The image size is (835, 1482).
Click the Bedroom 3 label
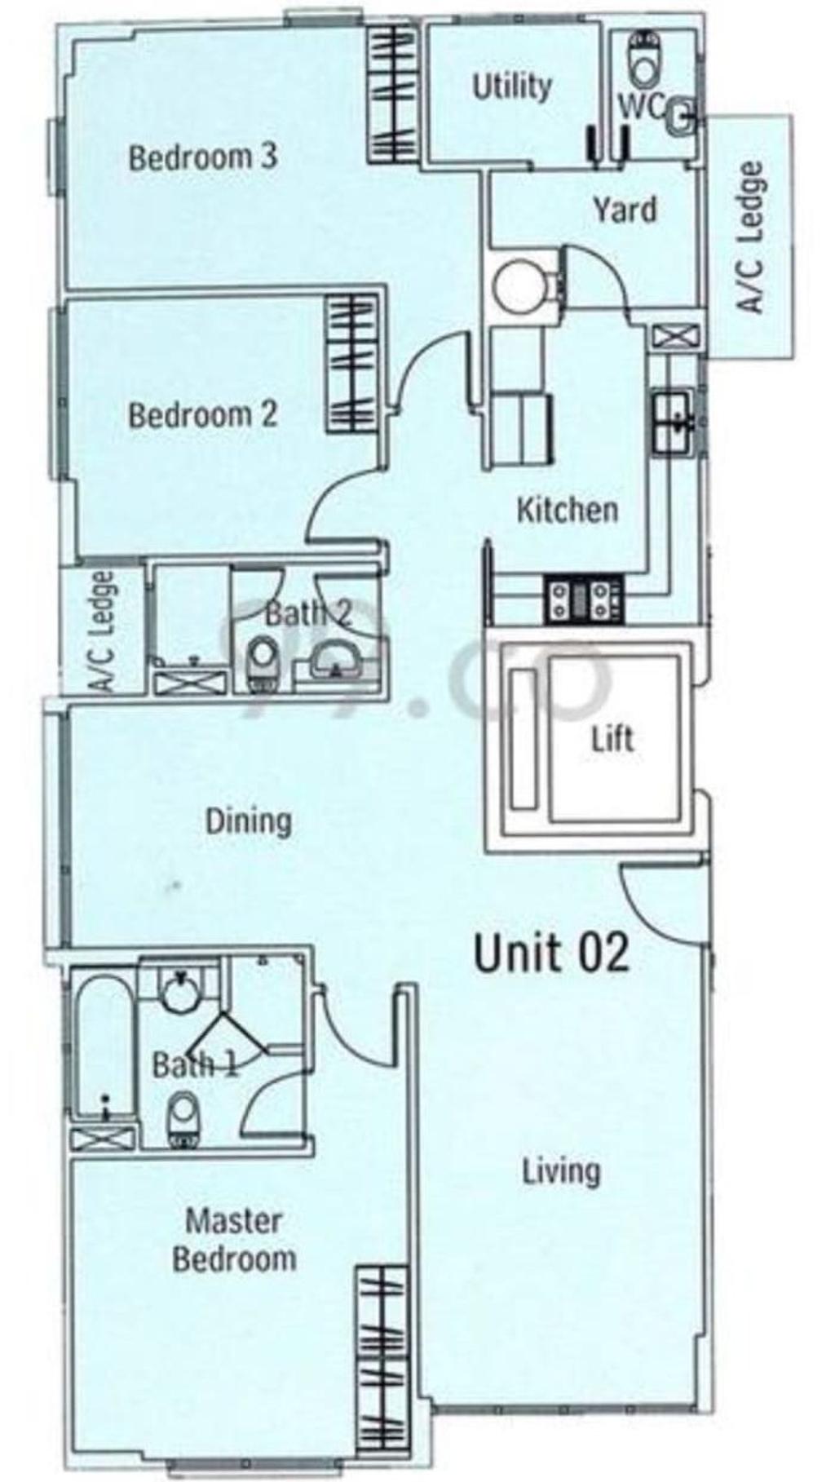[203, 157]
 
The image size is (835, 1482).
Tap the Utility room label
[511, 86]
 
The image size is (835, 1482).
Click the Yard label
[624, 210]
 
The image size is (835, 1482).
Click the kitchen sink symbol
[673, 421]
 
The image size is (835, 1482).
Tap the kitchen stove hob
[584, 599]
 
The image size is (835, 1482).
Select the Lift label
[612, 740]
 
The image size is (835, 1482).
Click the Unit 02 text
[552, 952]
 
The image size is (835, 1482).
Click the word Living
[561, 1171]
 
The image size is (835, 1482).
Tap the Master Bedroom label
[234, 1240]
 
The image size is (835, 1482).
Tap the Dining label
[248, 821]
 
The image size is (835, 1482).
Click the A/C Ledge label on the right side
[752, 237]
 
